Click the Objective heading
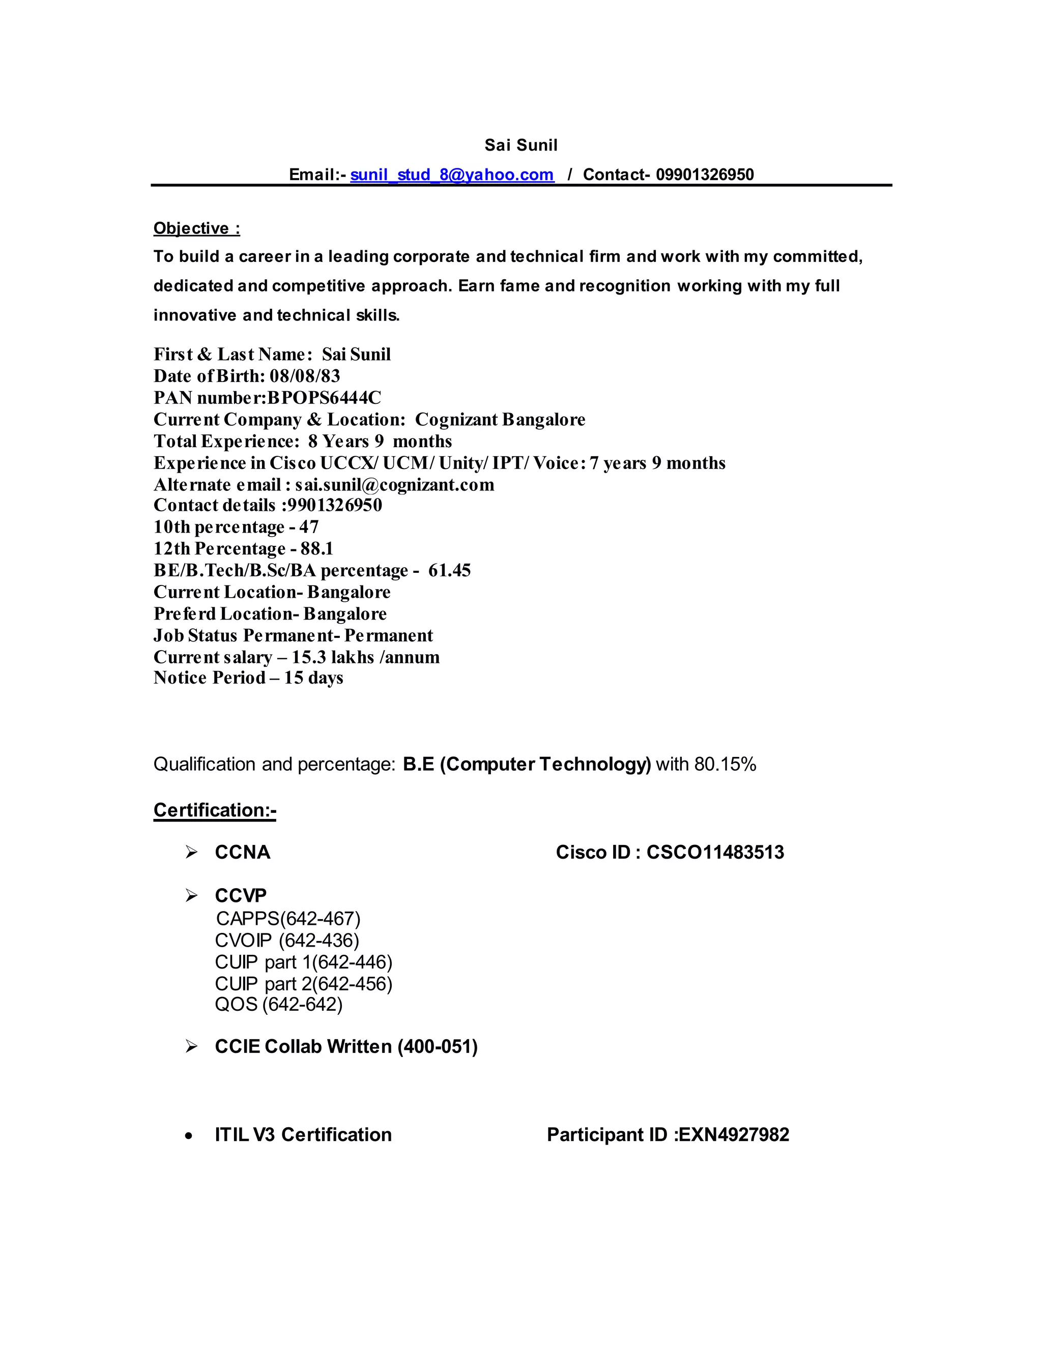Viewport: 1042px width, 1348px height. point(196,228)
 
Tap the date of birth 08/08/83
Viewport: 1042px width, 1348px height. point(304,376)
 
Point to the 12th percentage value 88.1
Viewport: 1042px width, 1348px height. point(316,549)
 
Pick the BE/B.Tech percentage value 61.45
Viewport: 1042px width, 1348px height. point(449,570)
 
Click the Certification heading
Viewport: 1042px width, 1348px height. point(214,810)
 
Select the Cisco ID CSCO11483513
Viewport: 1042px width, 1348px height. point(715,853)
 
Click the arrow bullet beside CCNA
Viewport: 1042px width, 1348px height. point(191,853)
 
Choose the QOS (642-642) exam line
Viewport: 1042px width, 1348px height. point(278,1004)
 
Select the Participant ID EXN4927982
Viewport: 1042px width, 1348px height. point(733,1134)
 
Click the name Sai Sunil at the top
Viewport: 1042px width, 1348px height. point(520,145)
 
